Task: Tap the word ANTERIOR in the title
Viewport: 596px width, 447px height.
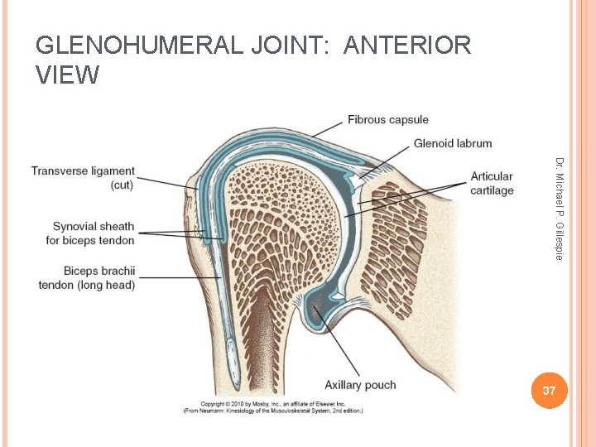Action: pos(406,46)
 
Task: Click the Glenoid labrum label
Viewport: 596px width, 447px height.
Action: pos(452,143)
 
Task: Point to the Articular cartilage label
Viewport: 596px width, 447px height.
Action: pos(492,183)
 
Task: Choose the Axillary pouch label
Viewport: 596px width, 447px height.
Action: pos(360,385)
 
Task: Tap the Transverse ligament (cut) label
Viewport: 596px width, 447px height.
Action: pos(83,178)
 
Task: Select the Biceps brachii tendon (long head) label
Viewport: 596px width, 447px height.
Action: pos(86,278)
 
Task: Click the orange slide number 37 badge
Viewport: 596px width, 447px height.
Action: pos(547,390)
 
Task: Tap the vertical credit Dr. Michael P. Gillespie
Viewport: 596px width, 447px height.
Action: pos(560,208)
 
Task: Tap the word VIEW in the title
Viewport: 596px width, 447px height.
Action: pos(68,75)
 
